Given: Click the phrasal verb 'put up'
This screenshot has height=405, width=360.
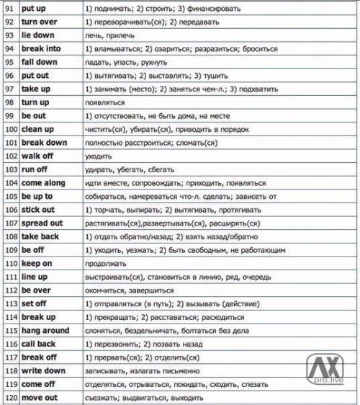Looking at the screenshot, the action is pos(32,9).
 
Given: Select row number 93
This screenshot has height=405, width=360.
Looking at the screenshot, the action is pos(9,35).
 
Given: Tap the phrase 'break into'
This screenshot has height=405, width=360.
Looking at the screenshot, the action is pos(41,48).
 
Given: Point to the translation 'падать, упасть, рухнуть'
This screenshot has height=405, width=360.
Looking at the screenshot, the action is pos(120,62).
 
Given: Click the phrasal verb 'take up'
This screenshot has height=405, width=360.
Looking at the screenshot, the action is pos(35,89).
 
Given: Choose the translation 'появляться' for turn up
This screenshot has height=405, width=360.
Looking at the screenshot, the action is pos(104,102).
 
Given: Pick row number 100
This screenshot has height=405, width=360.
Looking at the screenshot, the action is pos(9,129).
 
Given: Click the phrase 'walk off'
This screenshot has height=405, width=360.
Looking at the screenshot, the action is pos(37,156).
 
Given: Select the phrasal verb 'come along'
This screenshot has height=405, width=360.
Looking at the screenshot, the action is pos(43,183).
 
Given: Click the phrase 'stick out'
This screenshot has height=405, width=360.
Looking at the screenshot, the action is pos(38,210).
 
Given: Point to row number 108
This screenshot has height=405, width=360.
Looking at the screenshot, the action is pos(9,236).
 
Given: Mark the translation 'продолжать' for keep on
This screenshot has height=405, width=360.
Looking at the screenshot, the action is pos(104,263).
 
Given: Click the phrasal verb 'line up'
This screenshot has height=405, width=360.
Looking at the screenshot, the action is pos(35,277).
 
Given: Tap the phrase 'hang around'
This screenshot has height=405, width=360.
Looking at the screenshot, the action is pos(45,330).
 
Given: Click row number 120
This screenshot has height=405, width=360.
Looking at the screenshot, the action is pos(9,397).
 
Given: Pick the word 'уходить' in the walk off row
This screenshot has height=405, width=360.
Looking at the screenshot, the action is pos(98,156).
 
